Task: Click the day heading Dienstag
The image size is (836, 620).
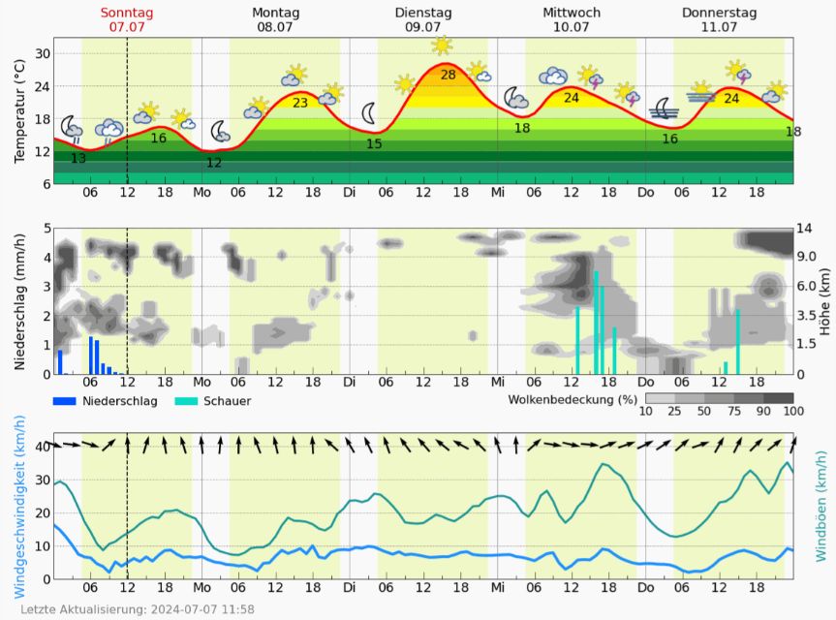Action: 423,13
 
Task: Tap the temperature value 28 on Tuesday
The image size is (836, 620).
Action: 448,75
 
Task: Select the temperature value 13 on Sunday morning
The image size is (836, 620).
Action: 78,158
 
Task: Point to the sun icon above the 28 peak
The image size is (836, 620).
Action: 442,46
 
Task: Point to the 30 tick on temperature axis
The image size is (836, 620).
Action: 43,54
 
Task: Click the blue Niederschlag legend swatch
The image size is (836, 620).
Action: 64,400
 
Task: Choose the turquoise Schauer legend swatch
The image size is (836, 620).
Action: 186,400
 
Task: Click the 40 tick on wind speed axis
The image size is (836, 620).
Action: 42,447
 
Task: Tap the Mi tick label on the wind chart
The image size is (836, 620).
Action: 498,587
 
